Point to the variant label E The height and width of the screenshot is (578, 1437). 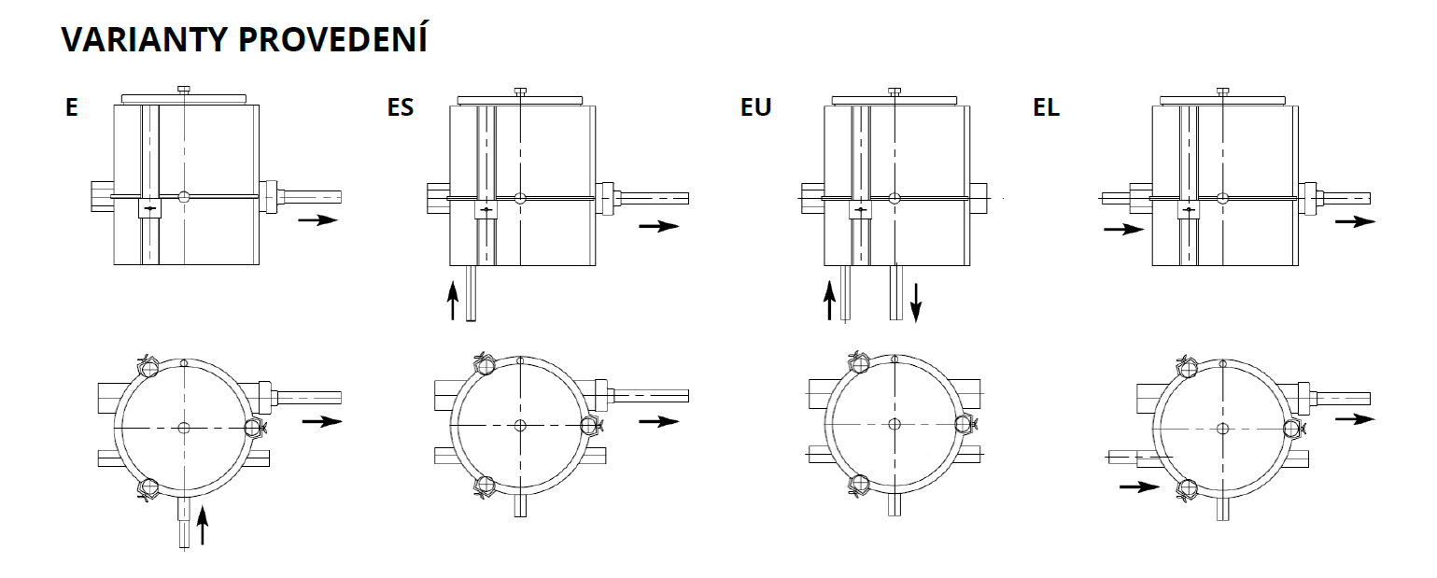[71, 107]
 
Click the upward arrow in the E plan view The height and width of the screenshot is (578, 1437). [203, 526]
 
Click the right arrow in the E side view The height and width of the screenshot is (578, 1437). [317, 220]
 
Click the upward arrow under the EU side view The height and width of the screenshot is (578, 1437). [829, 299]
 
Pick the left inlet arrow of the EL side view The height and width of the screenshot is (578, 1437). [1123, 228]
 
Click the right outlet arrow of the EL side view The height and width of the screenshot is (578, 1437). [1355, 221]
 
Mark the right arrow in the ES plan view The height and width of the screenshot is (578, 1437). [659, 421]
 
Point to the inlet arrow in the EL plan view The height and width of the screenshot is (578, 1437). [1139, 486]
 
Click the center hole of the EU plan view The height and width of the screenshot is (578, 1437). [895, 424]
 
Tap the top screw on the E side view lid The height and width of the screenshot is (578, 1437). [184, 90]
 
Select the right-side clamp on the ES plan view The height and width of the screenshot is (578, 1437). [589, 426]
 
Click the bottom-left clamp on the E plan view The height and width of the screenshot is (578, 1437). [147, 487]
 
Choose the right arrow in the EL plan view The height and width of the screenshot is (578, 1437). [1355, 418]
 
